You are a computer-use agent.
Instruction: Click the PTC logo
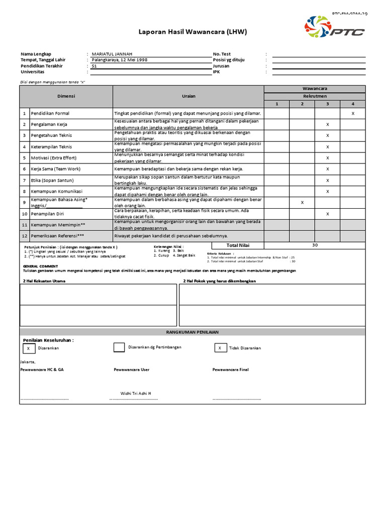pyautogui.click(x=335, y=29)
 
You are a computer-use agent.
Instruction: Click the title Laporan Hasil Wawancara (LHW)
pyautogui.click(x=193, y=33)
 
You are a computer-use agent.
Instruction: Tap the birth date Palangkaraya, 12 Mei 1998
pyautogui.click(x=120, y=60)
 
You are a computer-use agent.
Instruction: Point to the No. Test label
pyautogui.click(x=222, y=54)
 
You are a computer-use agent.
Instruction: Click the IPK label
pyautogui.click(x=217, y=72)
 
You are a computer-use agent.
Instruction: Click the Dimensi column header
pyautogui.click(x=66, y=96)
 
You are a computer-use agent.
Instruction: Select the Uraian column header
pyautogui.click(x=188, y=96)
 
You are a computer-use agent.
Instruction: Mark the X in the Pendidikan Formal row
pyautogui.click(x=353, y=114)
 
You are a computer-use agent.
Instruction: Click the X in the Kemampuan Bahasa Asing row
pyautogui.click(x=302, y=202)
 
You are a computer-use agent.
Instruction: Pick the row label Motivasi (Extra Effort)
pyautogui.click(x=52, y=158)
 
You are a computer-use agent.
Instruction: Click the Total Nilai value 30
pyautogui.click(x=315, y=245)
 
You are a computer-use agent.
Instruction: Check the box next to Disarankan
pyautogui.click(x=28, y=348)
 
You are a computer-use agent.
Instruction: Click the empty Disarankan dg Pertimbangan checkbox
pyautogui.click(x=119, y=348)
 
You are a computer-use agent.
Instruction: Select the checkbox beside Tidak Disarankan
pyautogui.click(x=220, y=348)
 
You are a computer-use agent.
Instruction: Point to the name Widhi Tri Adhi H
pyautogui.click(x=136, y=393)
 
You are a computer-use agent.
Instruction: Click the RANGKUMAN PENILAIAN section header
pyautogui.click(x=193, y=332)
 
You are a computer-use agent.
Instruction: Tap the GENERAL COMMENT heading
pyautogui.click(x=40, y=266)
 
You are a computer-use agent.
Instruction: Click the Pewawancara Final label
pyautogui.click(x=230, y=369)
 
